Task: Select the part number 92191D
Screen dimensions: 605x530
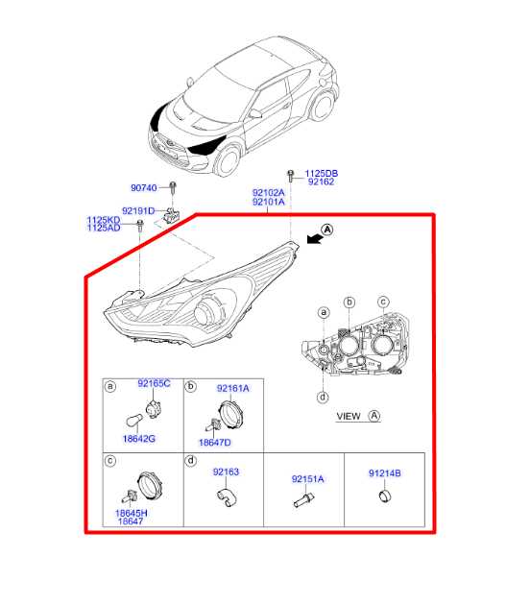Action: point(138,210)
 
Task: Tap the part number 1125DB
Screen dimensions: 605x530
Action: point(322,173)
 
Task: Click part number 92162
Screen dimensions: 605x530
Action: point(320,182)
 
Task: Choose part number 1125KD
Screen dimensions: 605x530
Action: point(104,220)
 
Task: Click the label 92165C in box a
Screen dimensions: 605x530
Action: point(154,384)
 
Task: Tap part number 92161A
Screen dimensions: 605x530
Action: point(232,388)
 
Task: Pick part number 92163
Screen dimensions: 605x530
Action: point(226,472)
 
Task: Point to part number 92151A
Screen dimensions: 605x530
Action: point(308,477)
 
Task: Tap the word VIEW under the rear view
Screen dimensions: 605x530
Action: point(349,416)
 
